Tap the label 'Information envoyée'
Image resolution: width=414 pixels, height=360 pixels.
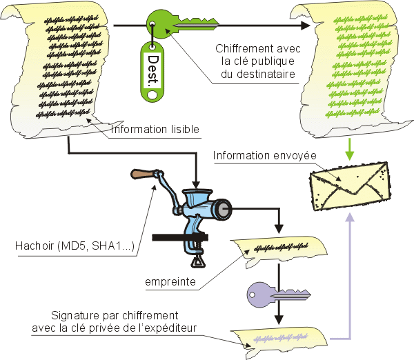[x=264, y=155]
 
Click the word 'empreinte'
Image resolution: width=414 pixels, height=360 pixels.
[x=170, y=281]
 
